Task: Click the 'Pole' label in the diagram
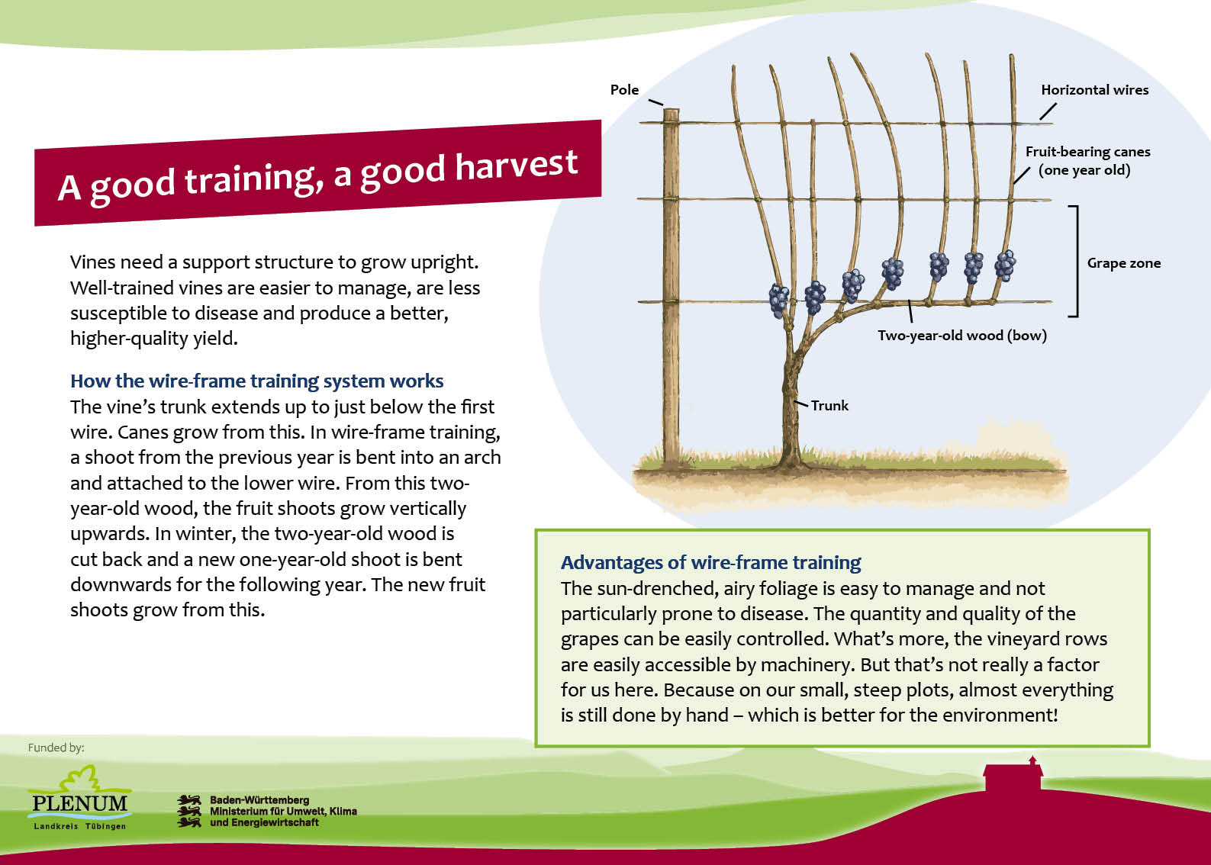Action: pos(624,90)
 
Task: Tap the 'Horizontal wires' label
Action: pos(1095,90)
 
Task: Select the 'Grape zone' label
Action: pos(1124,263)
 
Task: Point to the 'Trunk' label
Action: pos(829,405)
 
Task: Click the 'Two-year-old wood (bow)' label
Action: pos(962,336)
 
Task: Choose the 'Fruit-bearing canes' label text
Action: pos(1087,152)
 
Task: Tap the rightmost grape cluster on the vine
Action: pos(1005,265)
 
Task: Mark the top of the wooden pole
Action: pos(671,110)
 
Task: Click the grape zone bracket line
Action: pos(1077,261)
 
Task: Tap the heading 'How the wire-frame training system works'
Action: pos(257,381)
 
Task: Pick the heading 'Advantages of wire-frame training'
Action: pos(711,562)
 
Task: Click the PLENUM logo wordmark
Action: pos(79,803)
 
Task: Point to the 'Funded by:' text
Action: pos(56,748)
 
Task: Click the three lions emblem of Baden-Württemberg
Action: pos(189,811)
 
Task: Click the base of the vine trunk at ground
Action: pos(791,465)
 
